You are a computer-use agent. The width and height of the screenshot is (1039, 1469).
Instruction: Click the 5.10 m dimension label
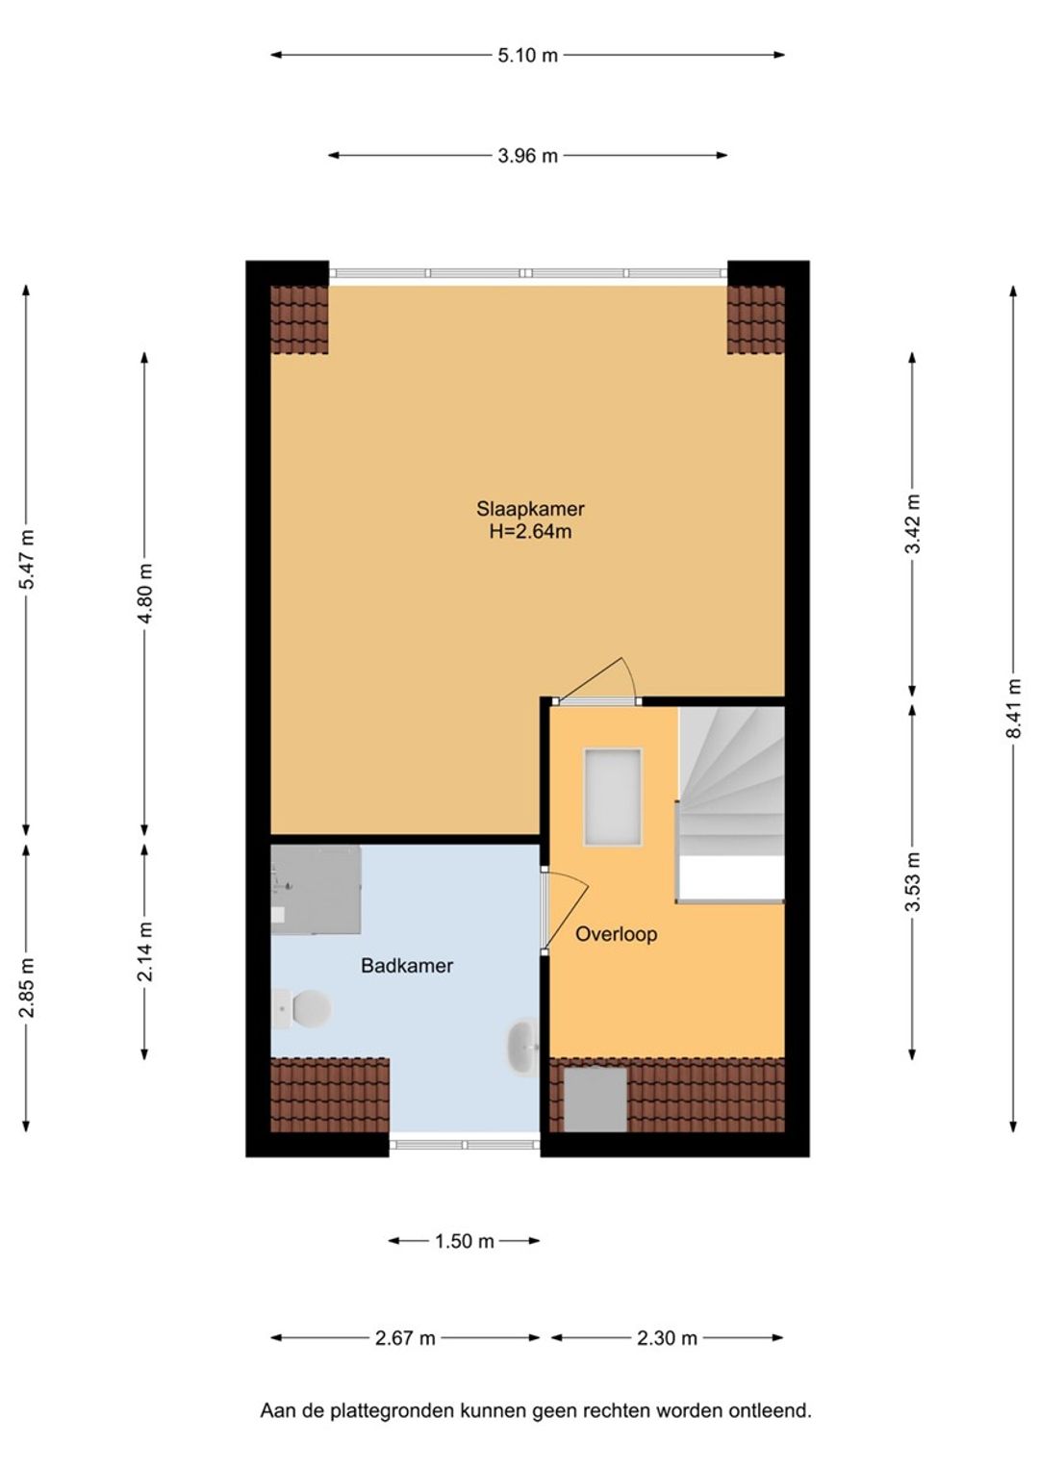[527, 55]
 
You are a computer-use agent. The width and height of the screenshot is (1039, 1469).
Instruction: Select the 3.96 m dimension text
[527, 156]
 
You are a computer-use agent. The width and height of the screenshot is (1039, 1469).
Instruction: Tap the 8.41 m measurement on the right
[1013, 708]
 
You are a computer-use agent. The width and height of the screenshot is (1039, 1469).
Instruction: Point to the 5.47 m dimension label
[26, 559]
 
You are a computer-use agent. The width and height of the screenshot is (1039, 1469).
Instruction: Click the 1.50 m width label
[465, 1241]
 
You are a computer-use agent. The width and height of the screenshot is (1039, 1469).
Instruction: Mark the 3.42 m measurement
[912, 523]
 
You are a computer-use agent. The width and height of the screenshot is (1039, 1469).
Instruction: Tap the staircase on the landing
[731, 804]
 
